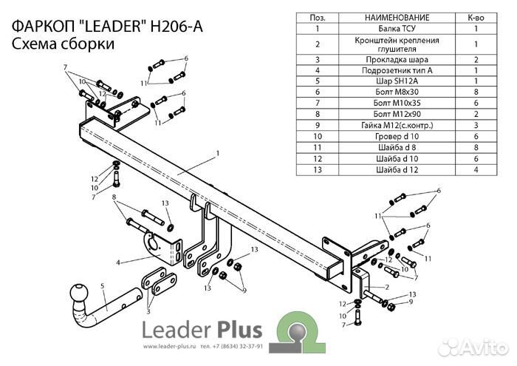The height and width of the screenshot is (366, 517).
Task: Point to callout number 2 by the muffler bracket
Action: point(386,286)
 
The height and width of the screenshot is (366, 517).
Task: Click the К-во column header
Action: point(476,17)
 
